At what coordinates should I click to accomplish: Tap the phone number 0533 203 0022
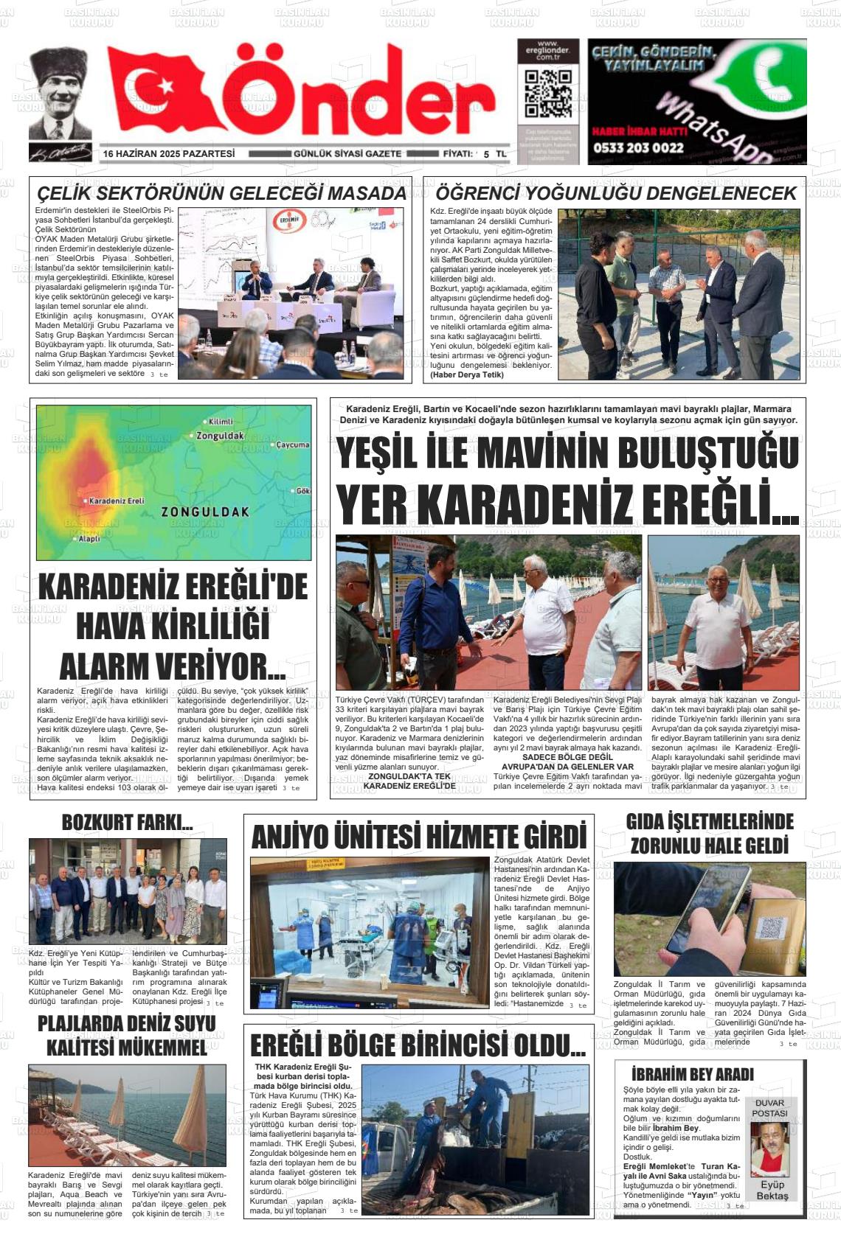[x=637, y=147]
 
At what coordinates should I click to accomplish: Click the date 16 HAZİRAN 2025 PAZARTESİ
[x=169, y=153]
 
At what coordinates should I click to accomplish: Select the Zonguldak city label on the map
[x=220, y=436]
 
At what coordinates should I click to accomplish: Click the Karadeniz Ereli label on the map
[x=116, y=501]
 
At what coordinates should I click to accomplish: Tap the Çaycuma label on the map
[x=292, y=445]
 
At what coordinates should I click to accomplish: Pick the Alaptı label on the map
[x=89, y=539]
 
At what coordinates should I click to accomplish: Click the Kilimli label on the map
[x=220, y=422]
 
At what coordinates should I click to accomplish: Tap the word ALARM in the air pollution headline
[x=108, y=666]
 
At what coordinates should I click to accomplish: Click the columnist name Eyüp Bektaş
[x=772, y=1191]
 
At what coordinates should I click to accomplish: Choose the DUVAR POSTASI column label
[x=770, y=1108]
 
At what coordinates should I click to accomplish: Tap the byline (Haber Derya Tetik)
[x=466, y=374]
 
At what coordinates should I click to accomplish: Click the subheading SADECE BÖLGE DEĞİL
[x=567, y=757]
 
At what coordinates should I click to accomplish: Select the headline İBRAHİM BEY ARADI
[x=692, y=1074]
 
